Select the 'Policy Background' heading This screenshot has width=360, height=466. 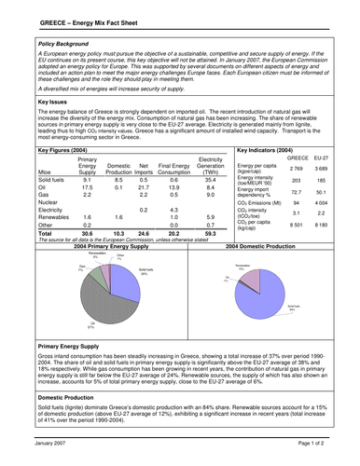(65, 44)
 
